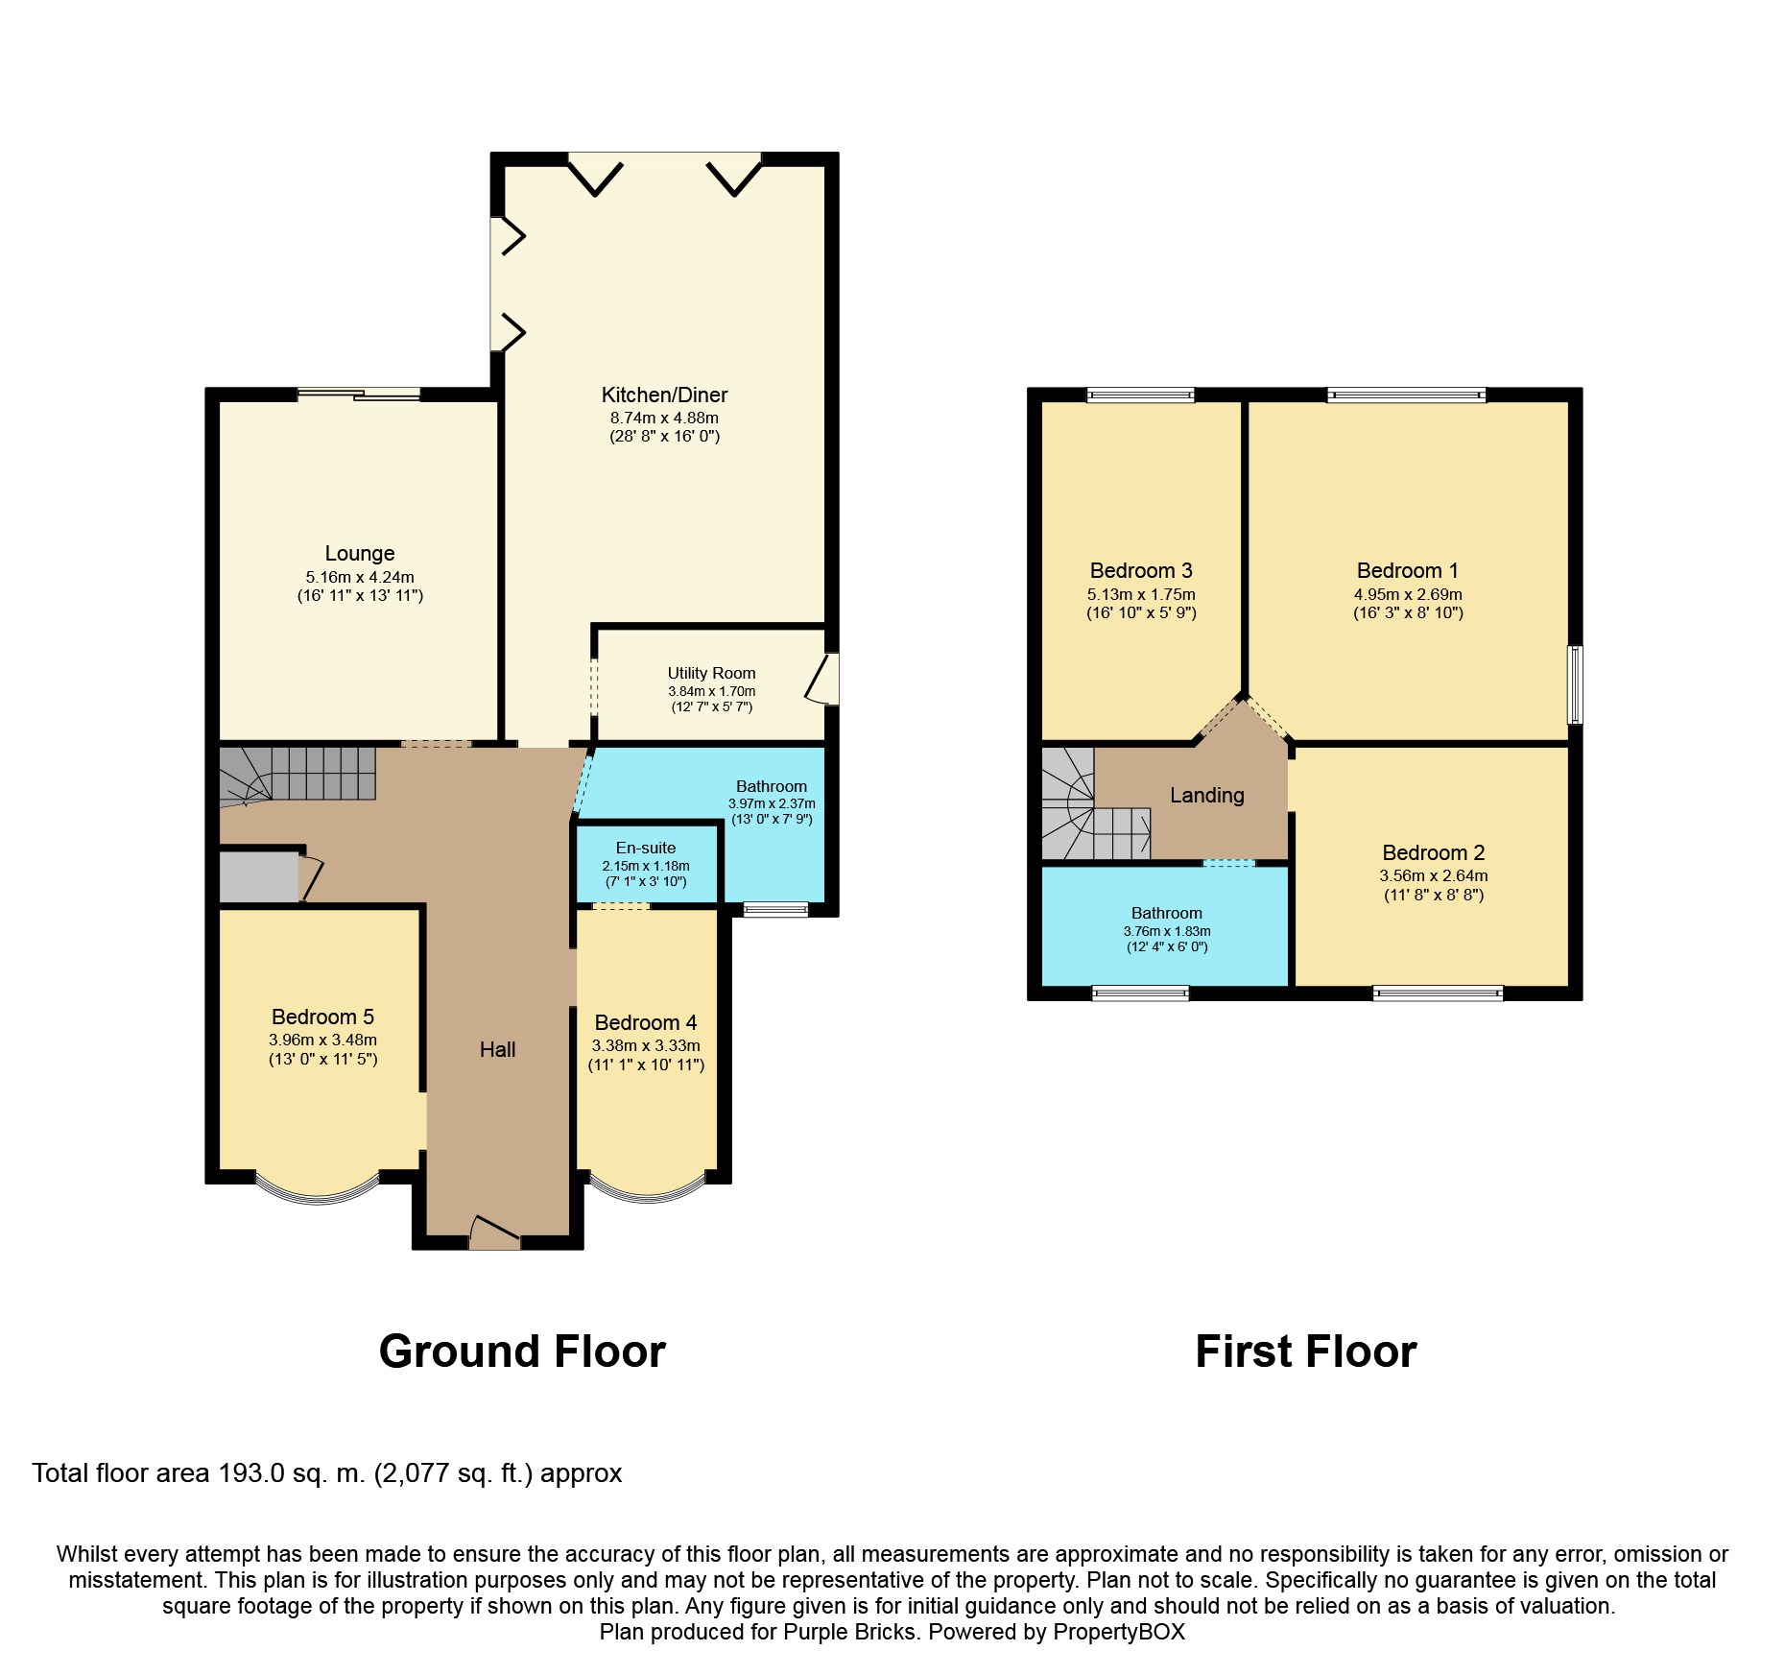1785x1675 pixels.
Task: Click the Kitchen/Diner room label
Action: pos(664,395)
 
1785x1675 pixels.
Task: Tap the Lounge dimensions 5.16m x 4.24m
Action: pos(360,577)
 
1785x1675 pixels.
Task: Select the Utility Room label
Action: pos(711,673)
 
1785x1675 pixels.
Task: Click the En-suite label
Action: pos(646,848)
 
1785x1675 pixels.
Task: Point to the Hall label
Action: pos(497,1049)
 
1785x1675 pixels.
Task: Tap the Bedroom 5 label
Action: pos(322,1017)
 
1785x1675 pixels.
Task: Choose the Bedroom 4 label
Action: pos(646,1022)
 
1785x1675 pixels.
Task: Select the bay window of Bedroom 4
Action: pos(648,1188)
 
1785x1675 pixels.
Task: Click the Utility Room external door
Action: pos(822,680)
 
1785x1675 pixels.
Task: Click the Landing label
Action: pos(1206,795)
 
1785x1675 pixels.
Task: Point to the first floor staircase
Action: pos(1095,803)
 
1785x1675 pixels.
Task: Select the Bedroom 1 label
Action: pos(1407,570)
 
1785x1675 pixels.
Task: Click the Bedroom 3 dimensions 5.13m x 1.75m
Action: pos(1141,594)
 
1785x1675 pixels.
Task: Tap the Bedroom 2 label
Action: pos(1433,852)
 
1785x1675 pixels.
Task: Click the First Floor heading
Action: pos(1305,1351)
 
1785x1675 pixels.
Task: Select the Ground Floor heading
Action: pos(522,1351)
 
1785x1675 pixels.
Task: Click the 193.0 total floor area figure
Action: pos(250,1472)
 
